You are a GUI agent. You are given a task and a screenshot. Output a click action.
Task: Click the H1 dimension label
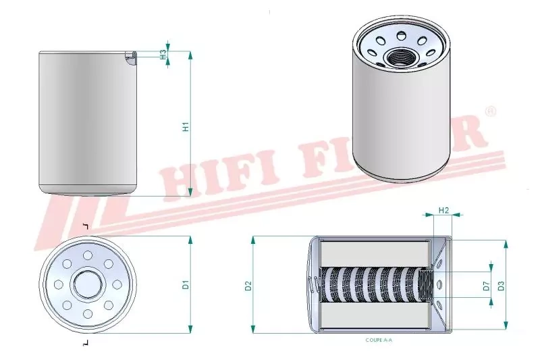point(185,126)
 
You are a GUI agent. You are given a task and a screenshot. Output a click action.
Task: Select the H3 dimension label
point(163,54)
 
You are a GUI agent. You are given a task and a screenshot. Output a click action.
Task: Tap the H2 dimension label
point(444,210)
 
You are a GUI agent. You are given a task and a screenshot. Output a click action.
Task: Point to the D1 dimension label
point(185,285)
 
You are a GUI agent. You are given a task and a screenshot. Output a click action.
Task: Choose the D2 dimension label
point(248,285)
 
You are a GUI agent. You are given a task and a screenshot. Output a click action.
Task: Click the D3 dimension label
point(500,285)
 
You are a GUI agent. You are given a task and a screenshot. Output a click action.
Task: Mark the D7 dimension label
point(485,285)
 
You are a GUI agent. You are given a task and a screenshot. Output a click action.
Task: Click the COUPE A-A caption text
point(378,340)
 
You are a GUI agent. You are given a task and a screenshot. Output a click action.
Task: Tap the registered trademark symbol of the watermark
point(491,111)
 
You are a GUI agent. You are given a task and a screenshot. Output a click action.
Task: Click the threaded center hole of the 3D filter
point(393,55)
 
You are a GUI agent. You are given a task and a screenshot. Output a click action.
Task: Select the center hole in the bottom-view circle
point(87,284)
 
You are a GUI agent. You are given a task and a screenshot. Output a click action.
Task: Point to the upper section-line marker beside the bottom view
point(85,225)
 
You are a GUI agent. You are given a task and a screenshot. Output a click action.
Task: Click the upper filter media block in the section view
point(374,253)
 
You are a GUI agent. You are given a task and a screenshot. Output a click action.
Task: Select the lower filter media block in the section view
point(374,315)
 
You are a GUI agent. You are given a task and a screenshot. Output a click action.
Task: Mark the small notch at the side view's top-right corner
point(130,58)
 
